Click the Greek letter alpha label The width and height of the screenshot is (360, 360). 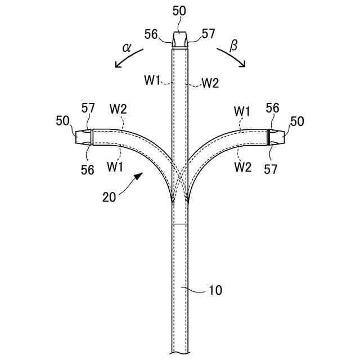[x=127, y=47]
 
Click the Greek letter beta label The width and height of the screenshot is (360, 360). [x=233, y=47]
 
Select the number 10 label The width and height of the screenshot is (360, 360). [x=215, y=290]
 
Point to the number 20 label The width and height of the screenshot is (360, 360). [x=110, y=196]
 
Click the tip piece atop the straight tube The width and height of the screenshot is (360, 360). [x=180, y=41]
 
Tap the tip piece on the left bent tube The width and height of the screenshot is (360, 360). [x=83, y=137]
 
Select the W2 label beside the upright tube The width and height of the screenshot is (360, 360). [x=210, y=82]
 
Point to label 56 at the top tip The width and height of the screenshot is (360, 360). [x=150, y=34]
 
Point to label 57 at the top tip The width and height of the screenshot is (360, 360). [x=209, y=34]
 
